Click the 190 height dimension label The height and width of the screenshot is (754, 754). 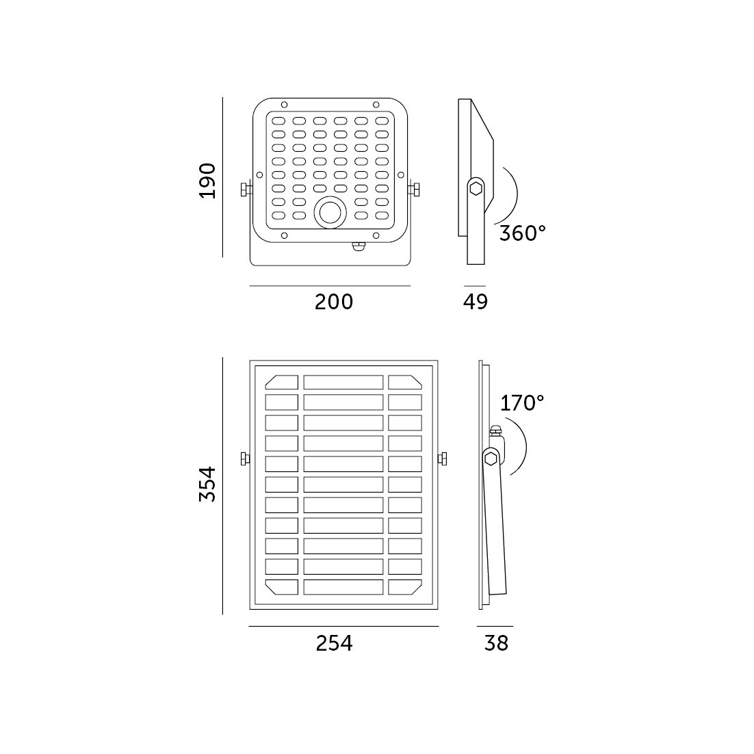pyautogui.click(x=208, y=181)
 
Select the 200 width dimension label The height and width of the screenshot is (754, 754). pyautogui.click(x=334, y=302)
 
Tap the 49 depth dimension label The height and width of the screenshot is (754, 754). pyautogui.click(x=476, y=302)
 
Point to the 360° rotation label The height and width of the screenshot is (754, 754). pyautogui.click(x=523, y=233)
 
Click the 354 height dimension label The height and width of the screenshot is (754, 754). pyautogui.click(x=208, y=484)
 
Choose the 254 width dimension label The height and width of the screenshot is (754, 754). pyautogui.click(x=334, y=643)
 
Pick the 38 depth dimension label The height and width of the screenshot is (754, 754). pyautogui.click(x=496, y=643)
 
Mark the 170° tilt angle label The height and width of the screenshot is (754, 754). pyautogui.click(x=522, y=403)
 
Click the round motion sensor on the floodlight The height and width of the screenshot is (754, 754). pyautogui.click(x=330, y=212)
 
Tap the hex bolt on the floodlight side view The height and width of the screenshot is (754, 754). pyautogui.click(x=476, y=188)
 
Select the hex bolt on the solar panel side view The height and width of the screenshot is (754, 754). pyautogui.click(x=491, y=458)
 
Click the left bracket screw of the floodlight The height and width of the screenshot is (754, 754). pyautogui.click(x=246, y=190)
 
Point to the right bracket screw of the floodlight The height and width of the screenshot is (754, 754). pyautogui.click(x=413, y=190)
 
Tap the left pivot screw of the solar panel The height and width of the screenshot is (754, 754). pyautogui.click(x=245, y=458)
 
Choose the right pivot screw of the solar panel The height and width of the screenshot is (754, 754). pyautogui.click(x=443, y=458)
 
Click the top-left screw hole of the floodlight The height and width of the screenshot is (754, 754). pyautogui.click(x=284, y=105)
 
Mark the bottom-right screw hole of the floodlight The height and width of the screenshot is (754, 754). pyautogui.click(x=376, y=235)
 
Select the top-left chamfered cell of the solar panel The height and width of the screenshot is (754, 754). pyautogui.click(x=282, y=382)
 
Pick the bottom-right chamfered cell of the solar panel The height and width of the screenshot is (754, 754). pyautogui.click(x=405, y=586)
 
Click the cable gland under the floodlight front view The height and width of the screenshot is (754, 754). pyautogui.click(x=359, y=246)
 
